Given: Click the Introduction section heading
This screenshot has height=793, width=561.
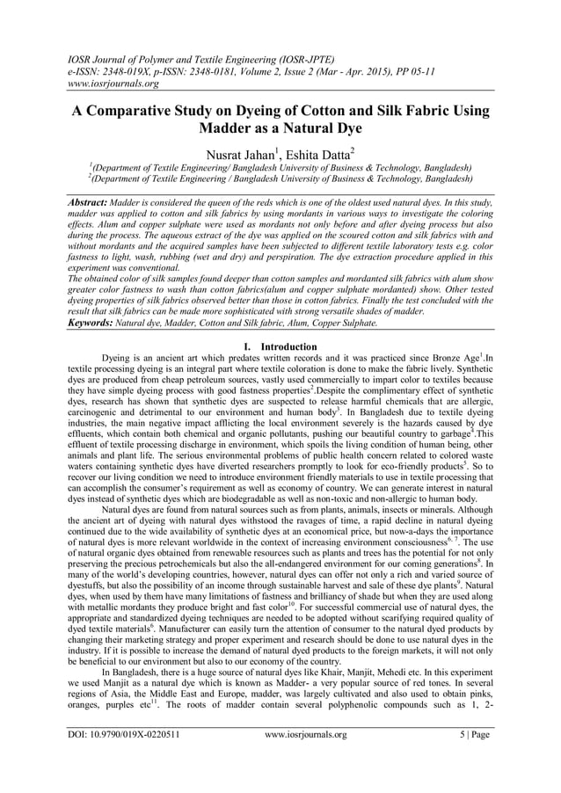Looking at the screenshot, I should [287, 346].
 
